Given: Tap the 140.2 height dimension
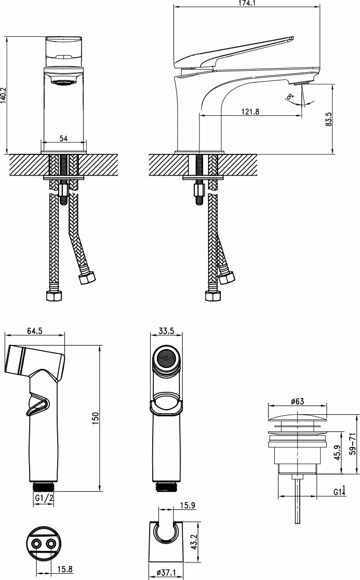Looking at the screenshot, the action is coord(3,95).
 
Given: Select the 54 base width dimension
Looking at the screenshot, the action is coord(63,138).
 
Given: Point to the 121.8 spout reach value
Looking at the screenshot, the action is coord(250,111).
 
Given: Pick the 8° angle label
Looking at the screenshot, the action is coord(290,97).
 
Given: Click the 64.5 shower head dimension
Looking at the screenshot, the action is coord(34,331).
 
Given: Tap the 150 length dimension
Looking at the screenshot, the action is coord(95,417).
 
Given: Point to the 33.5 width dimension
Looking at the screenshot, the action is coord(167,331).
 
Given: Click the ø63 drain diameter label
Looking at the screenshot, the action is coord(298,401).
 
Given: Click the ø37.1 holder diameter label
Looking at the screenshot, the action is coord(167,573).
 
